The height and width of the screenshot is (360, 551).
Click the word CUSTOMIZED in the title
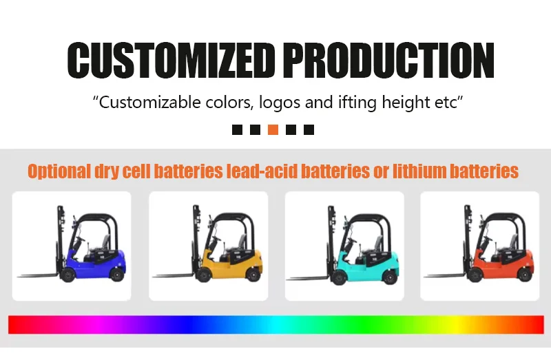point(171,60)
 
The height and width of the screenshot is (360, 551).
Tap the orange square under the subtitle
point(273,129)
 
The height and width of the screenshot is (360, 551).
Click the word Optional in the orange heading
point(59,171)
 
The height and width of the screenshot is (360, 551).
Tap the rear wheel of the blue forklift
point(116,274)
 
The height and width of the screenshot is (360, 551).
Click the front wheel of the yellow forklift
point(203,275)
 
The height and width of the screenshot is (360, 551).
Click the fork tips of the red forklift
point(426,277)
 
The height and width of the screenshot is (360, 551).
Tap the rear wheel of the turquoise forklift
point(390,277)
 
